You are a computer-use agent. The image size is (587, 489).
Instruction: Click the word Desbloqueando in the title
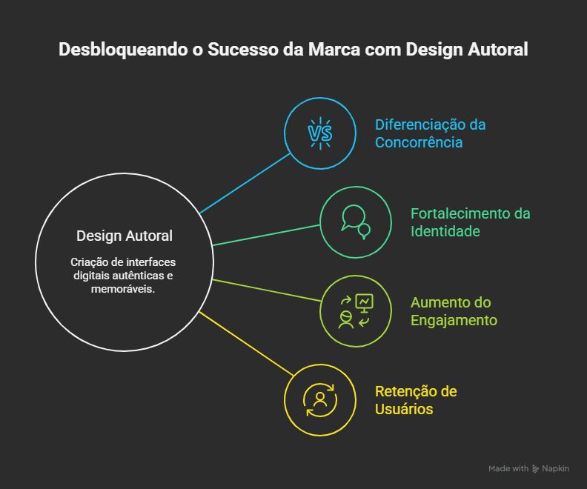(123, 50)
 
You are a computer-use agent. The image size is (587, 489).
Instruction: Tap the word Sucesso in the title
(243, 50)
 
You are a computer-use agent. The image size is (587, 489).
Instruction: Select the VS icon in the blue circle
(320, 133)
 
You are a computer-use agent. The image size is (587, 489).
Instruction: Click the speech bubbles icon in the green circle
(356, 222)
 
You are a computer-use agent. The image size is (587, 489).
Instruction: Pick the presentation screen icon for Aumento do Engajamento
(364, 304)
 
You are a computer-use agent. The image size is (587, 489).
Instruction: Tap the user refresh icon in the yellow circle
(320, 400)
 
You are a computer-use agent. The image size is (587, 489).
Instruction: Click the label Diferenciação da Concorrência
(430, 133)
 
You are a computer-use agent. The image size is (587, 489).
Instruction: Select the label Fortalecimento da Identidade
(470, 222)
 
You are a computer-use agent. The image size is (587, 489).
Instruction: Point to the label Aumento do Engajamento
(454, 311)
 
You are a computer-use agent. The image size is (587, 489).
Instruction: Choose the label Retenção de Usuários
(416, 400)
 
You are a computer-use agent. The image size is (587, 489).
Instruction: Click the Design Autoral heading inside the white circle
(125, 236)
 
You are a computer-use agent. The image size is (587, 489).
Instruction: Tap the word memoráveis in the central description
(123, 289)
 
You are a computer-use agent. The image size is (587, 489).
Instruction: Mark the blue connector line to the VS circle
(245, 183)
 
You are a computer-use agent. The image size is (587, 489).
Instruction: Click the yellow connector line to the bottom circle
(246, 344)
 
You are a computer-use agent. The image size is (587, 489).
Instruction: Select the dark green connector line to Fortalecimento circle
(266, 235)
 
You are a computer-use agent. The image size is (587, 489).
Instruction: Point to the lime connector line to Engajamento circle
(267, 290)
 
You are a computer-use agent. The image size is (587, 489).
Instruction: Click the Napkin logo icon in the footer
(536, 469)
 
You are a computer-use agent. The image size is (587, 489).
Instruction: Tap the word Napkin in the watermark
(556, 469)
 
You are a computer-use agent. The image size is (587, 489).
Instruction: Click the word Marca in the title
(334, 50)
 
